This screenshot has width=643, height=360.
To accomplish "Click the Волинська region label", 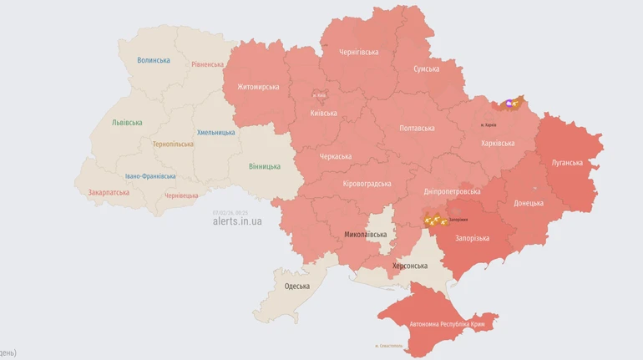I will click(x=154, y=60).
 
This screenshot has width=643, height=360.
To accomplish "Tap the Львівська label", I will click(x=127, y=123).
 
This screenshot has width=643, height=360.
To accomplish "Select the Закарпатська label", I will click(x=109, y=192).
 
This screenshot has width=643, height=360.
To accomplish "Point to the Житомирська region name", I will click(x=258, y=87).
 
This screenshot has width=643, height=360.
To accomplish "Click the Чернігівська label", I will click(x=358, y=52).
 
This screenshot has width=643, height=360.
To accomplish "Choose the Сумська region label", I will click(x=426, y=68).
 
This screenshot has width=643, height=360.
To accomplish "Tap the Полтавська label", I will click(x=417, y=128).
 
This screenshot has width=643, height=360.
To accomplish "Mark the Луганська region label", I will click(x=567, y=162).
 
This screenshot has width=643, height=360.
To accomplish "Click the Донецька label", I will click(x=528, y=203).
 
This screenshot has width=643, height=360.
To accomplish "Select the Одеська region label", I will click(x=296, y=286).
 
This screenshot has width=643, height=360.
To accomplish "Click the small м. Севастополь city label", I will click(x=389, y=345).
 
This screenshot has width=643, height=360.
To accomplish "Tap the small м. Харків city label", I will click(x=489, y=125).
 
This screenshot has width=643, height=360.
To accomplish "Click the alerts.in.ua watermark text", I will click(x=237, y=221).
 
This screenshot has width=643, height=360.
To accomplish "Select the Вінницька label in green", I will click(x=265, y=166).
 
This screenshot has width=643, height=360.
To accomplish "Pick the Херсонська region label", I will click(x=410, y=266).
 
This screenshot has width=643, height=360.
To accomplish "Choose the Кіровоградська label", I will click(x=367, y=184).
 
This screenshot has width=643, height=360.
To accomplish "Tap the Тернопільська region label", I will click(x=173, y=144).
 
